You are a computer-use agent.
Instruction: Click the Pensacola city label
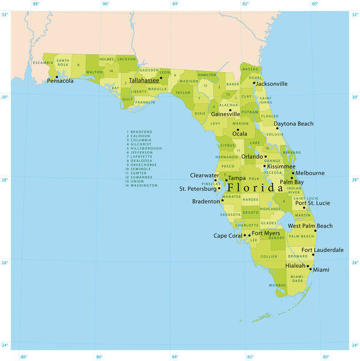tap(60, 81)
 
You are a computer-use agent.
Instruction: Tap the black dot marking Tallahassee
tap(161, 77)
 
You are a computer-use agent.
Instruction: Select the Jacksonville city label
tap(272, 84)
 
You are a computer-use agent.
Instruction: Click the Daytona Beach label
tap(293, 123)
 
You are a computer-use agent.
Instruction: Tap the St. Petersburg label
tap(198, 188)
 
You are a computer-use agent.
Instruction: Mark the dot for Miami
tap(311, 269)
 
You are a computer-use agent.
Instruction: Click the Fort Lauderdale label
tap(323, 250)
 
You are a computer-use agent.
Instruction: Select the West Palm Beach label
tap(310, 226)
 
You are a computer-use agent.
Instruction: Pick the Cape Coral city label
tap(228, 235)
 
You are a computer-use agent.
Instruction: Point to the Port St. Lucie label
tap(312, 203)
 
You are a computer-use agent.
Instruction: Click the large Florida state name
tap(255, 188)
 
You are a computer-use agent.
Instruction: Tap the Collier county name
tap(269, 256)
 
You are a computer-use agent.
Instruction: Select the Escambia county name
tap(43, 63)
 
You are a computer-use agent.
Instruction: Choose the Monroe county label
tap(277, 285)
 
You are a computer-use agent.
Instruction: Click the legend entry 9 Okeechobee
tap(141, 164)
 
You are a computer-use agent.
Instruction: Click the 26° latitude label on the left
tap(5, 262)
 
